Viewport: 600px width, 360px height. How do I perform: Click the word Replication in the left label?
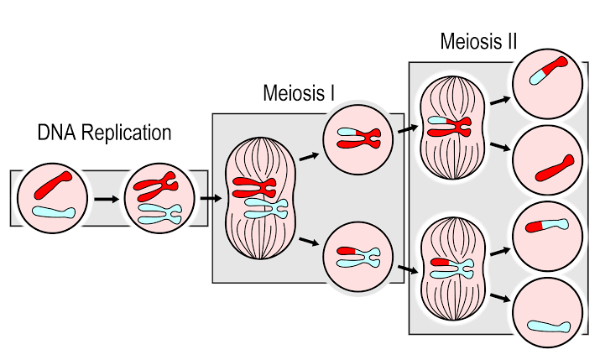pos(126,133)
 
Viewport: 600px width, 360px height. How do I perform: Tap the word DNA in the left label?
pos(57,133)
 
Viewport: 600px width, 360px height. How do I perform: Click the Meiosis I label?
pos(299,93)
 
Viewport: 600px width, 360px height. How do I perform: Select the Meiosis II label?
pos(478,41)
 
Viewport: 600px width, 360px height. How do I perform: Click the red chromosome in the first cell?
pos(53,185)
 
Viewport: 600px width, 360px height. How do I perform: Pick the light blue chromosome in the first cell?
pos(54,212)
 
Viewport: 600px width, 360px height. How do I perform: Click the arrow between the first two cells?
pos(107,199)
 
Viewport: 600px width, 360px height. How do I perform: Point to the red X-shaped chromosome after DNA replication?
pos(155,186)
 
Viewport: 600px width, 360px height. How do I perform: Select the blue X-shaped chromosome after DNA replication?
pos(159,214)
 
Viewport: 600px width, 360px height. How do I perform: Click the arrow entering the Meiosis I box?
pos(211,198)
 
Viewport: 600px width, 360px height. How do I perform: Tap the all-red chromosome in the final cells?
pos(555,168)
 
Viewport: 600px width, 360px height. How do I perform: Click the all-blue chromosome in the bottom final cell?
pos(549,326)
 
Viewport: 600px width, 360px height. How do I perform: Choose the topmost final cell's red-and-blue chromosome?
pos(548,70)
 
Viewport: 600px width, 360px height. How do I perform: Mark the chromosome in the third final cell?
pos(547,226)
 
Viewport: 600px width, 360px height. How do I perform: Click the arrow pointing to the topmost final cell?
pos(500,101)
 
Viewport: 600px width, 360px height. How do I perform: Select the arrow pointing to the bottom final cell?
pos(500,297)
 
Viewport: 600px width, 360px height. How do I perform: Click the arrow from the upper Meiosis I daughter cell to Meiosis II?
pos(408,129)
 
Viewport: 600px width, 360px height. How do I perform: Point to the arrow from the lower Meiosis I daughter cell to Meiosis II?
pos(408,269)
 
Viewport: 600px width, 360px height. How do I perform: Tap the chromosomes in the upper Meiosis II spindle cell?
pos(450,127)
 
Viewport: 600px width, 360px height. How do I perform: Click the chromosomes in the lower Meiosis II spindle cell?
pos(452,268)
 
